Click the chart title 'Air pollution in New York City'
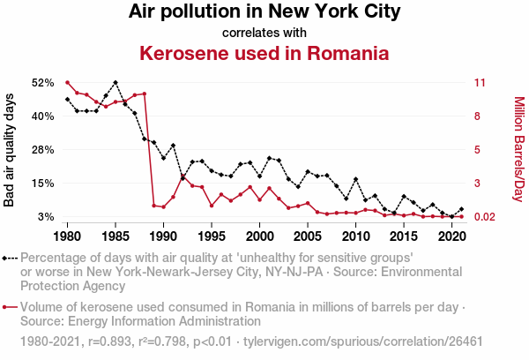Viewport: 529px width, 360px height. click(x=264, y=12)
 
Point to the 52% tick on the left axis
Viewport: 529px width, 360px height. click(x=43, y=82)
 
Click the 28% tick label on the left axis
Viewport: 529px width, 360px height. click(x=43, y=150)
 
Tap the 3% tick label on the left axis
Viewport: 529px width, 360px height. click(x=47, y=217)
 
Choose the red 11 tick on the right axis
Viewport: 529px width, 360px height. click(x=480, y=82)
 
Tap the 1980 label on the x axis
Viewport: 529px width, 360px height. click(x=68, y=236)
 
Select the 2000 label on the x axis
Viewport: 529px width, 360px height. click(x=259, y=236)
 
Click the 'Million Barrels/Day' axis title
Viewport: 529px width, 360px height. click(x=518, y=149)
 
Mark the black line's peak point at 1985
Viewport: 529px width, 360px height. click(x=115, y=82)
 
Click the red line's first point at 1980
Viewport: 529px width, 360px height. click(x=68, y=82)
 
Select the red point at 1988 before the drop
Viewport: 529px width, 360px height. click(x=144, y=94)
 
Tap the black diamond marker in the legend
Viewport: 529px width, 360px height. click(x=6, y=259)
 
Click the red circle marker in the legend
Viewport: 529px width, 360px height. click(x=6, y=307)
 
